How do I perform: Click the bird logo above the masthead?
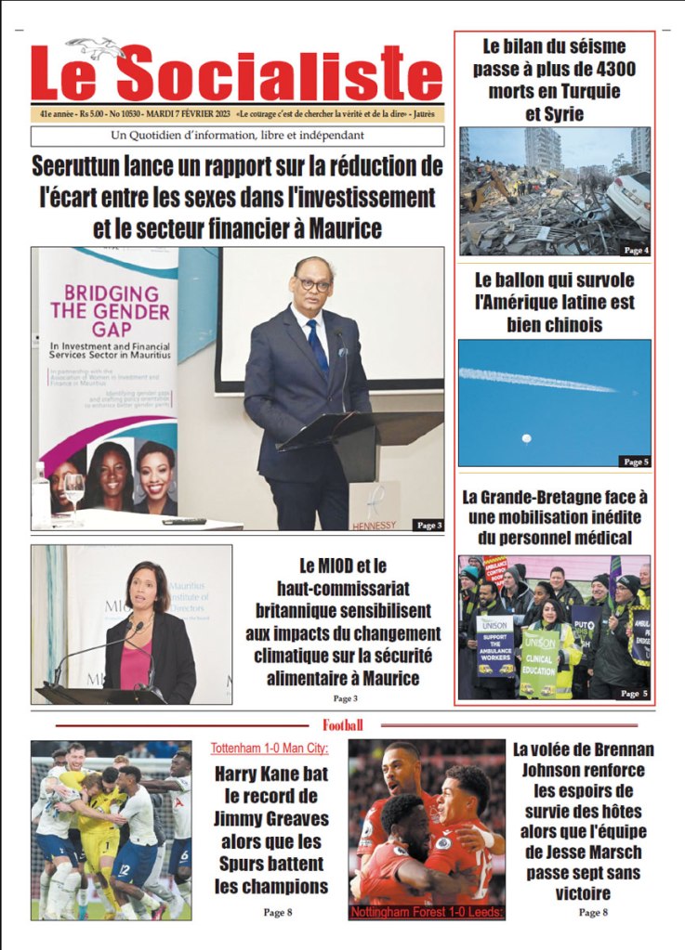coord(96,47)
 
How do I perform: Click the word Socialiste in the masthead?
coord(279,73)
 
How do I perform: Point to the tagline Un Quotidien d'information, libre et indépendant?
coord(237,136)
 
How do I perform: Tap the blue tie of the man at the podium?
coord(317,345)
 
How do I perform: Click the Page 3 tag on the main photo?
coord(428,525)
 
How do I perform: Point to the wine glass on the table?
coord(73,487)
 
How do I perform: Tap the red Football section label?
coord(342,725)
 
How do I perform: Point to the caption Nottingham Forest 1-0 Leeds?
coord(427,913)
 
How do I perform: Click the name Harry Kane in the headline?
coord(267,774)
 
